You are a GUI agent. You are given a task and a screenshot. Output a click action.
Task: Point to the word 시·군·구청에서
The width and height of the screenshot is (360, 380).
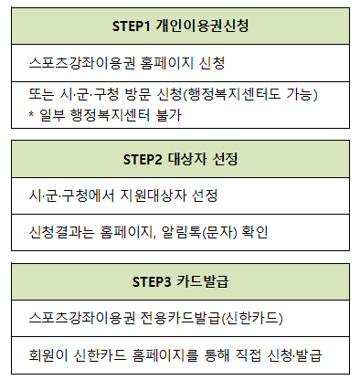click(x=74, y=195)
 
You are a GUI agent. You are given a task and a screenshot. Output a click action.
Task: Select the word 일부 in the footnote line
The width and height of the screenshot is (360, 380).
click(x=52, y=116)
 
